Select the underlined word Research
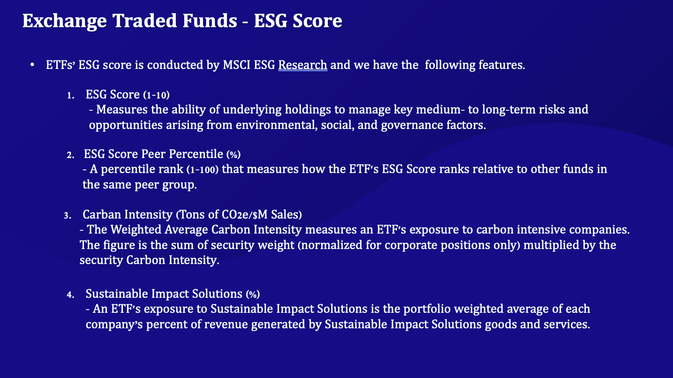[302, 65]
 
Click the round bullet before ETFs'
[32, 65]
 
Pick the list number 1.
[70, 95]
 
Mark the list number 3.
[68, 215]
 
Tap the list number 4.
[70, 295]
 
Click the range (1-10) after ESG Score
[156, 95]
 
